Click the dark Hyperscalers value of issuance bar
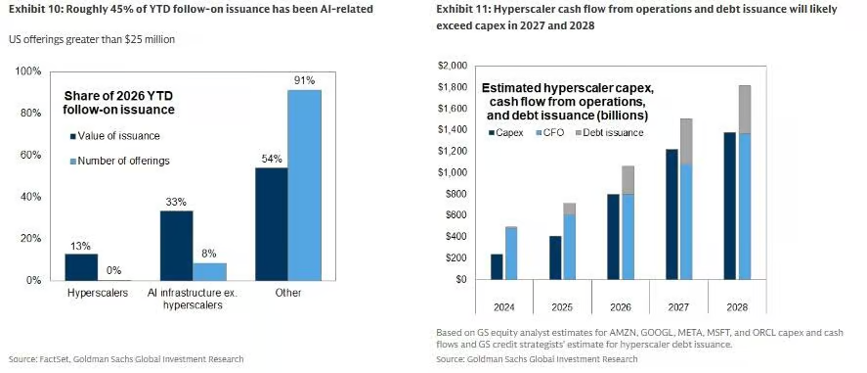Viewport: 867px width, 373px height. pos(81,267)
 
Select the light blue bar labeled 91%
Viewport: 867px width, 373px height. pos(305,185)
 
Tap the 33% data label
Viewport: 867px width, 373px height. pos(177,203)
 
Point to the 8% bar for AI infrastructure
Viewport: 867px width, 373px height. pos(209,272)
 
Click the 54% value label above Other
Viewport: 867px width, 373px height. pos(272,159)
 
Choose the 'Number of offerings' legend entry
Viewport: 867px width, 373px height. pos(119,161)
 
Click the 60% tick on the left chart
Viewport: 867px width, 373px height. pos(30,155)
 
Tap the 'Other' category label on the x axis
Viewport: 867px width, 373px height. pos(288,293)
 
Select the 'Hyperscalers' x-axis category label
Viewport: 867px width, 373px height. pos(98,293)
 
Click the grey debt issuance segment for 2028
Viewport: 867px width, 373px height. pos(744,110)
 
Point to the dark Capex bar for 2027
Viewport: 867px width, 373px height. pos(672,214)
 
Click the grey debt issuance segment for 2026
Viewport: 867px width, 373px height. pos(628,180)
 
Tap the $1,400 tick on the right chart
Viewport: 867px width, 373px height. pos(453,129)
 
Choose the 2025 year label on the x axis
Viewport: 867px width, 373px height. pos(562,308)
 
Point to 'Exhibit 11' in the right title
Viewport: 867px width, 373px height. pos(461,10)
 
